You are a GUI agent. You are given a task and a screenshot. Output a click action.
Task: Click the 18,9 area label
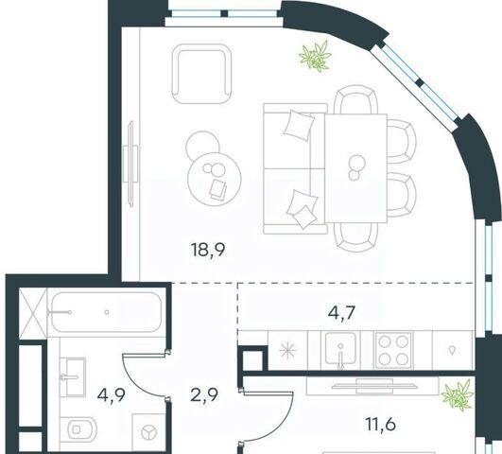click(x=208, y=250)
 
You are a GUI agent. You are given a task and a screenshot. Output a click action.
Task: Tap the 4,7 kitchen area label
click(x=342, y=312)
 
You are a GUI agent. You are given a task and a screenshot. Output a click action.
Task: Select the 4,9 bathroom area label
click(x=112, y=395)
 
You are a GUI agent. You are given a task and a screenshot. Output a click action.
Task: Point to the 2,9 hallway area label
click(x=204, y=394)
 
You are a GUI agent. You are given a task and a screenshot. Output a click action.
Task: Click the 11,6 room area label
click(x=381, y=424)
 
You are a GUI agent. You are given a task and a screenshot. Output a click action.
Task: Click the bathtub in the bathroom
click(x=106, y=312)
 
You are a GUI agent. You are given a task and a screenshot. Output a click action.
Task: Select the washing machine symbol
click(x=148, y=432)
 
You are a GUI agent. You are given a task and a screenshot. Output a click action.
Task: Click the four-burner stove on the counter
click(x=393, y=351)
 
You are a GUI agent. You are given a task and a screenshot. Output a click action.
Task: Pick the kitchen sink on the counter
click(x=340, y=350)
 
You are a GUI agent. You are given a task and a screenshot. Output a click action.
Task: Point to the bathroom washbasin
click(x=74, y=376)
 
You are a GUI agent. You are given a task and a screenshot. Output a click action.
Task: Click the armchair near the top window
click(x=201, y=74)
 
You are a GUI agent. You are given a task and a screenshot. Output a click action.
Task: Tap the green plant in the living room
click(x=315, y=56)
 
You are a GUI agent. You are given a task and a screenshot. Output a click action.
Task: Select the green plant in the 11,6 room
click(x=458, y=394)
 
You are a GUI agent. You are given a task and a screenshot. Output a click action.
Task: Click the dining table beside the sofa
click(x=356, y=168)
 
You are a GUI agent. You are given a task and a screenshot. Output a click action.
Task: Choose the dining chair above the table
click(x=356, y=99)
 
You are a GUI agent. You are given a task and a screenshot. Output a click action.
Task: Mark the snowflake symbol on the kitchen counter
click(x=287, y=351)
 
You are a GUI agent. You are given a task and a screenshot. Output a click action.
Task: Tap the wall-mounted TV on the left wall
click(x=131, y=163)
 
